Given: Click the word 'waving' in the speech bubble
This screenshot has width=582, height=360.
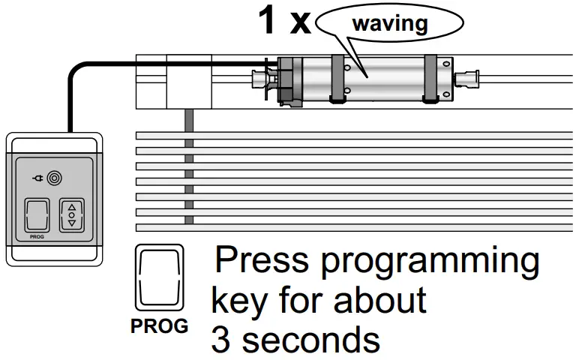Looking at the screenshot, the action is (x=389, y=22).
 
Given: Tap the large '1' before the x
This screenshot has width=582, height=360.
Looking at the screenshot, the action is (x=267, y=21).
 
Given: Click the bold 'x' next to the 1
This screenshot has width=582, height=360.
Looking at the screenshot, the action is (x=300, y=24).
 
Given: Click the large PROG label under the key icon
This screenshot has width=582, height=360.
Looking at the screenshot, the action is (x=159, y=327).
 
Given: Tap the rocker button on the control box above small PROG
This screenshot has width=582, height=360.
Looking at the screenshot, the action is (x=37, y=215).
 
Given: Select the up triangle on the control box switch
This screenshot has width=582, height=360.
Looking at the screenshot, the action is (x=73, y=206).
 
